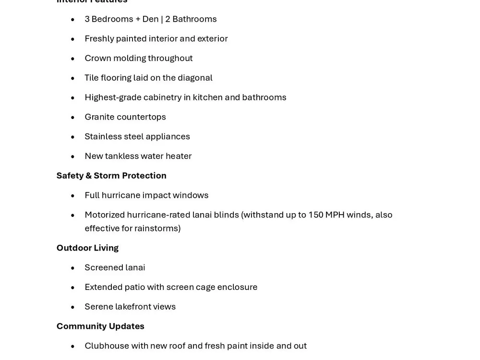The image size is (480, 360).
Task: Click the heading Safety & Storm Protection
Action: point(111,176)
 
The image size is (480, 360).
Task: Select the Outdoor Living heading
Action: point(87,248)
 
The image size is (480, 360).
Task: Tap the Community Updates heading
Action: point(100,326)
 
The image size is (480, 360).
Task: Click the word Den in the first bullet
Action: point(150,19)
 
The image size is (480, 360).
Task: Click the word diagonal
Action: point(195,78)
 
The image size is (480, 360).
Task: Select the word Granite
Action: point(99,117)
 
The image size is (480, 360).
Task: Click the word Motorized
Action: point(104,215)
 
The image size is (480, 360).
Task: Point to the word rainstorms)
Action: point(157,228)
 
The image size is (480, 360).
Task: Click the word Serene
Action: point(98,307)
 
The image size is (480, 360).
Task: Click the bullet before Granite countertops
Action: point(73,118)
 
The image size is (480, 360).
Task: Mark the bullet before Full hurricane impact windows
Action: point(73,196)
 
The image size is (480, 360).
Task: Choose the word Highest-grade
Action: point(113,97)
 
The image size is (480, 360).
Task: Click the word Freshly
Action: point(99,39)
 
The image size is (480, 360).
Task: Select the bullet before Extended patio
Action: point(73,288)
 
